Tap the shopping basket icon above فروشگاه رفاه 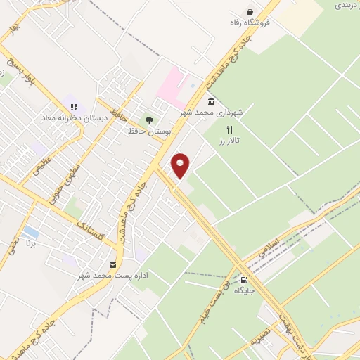pos(250,12)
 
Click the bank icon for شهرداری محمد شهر pos(211,101)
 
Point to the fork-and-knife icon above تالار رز pos(229,129)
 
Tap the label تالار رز pos(228,141)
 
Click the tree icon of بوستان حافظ pos(148,120)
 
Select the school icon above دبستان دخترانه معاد pos(74,107)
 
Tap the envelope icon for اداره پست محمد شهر pos(112,264)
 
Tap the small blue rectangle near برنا pos(30,231)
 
